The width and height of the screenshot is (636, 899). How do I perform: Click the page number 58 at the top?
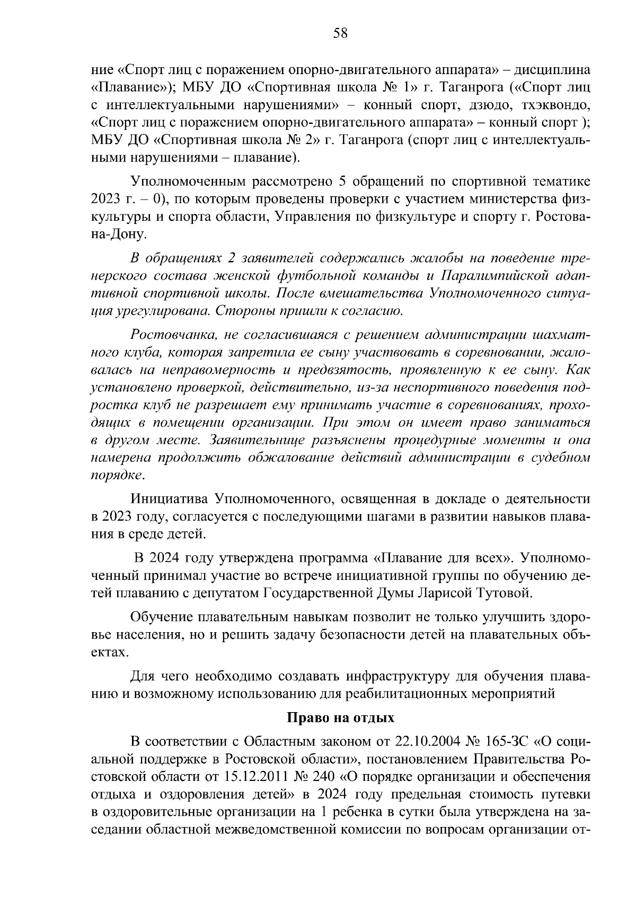[x=340, y=33]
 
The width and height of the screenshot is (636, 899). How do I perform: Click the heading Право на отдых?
[x=341, y=717]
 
